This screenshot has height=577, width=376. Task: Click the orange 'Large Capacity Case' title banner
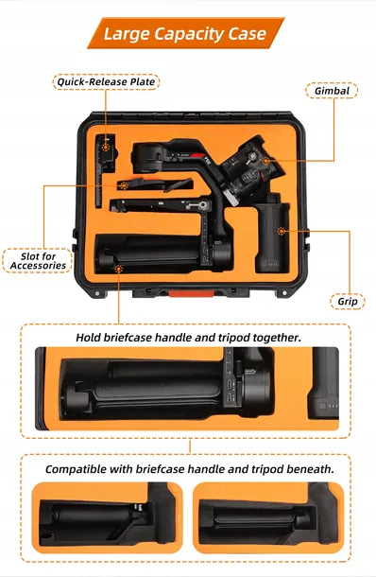pos(185,33)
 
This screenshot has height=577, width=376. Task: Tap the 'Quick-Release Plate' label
pos(106,81)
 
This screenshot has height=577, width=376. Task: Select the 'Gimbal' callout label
pos(332,91)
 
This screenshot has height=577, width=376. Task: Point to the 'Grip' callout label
pos(348,302)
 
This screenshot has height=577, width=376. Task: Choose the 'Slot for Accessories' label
pos(38,261)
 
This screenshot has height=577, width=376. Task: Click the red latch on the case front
pos(191,293)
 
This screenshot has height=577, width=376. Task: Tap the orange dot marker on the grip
pos(282,231)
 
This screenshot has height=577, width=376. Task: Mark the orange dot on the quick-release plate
pos(106,147)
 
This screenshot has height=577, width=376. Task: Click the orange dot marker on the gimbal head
pos(265,161)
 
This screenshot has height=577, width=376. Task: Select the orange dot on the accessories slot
pos(124,185)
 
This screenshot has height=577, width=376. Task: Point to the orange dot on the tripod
pos(118,269)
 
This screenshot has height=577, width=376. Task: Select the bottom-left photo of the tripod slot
pos(108,517)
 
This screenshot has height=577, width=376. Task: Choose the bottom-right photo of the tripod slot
pos(268,517)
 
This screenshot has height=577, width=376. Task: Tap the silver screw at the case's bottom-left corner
pos(97,293)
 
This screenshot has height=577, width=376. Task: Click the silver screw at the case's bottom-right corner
pos(284,293)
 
